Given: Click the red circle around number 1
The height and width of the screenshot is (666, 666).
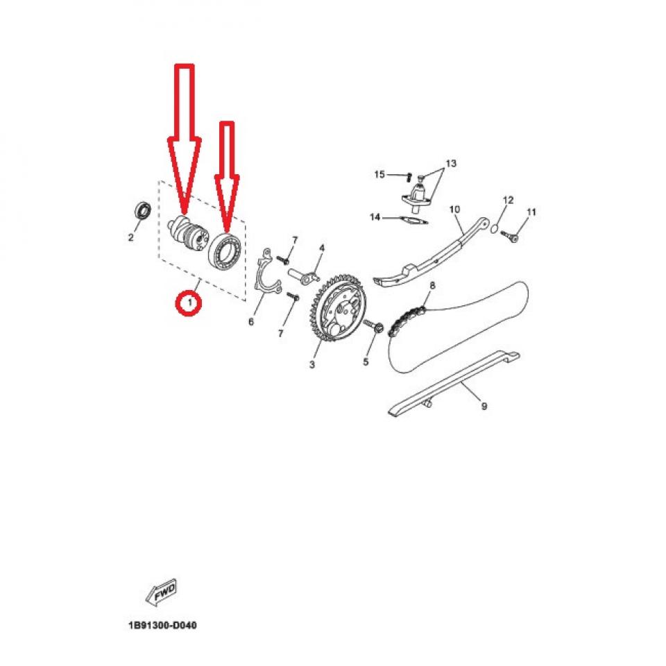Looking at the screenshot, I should click(x=188, y=303).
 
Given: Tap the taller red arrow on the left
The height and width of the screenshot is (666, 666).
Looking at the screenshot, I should click(x=184, y=139).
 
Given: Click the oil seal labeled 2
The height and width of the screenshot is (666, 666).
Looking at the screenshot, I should click(x=144, y=210).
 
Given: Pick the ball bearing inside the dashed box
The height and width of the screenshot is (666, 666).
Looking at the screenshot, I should click(x=226, y=248).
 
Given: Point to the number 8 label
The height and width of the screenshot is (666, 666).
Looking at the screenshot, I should click(x=432, y=285).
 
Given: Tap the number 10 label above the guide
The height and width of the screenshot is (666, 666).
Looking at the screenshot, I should click(x=455, y=209).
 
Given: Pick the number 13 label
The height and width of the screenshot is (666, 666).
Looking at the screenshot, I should click(x=451, y=164).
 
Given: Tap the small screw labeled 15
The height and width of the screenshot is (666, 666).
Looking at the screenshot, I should click(x=409, y=175).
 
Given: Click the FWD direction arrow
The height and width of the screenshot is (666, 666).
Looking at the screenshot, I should click(x=161, y=592).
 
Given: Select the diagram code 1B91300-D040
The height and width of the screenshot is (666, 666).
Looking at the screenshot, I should click(x=162, y=626).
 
